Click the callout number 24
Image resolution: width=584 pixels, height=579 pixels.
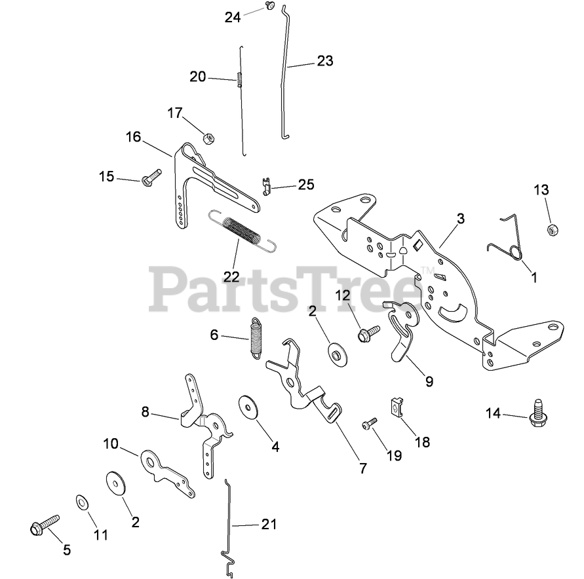233,18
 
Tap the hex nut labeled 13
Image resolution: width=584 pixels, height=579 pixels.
551,230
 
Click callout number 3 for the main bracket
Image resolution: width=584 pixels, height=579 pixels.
461,219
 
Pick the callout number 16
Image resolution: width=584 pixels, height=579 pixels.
133,137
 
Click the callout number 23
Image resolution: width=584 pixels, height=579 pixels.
324,61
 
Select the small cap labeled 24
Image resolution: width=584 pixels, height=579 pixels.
269,6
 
